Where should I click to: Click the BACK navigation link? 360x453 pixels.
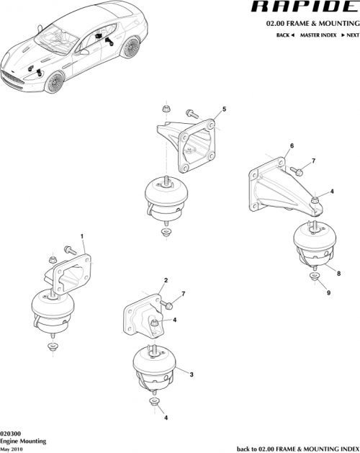284,35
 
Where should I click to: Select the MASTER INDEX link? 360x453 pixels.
318,35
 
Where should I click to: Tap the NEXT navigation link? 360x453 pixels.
349,35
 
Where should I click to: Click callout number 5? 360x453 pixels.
224,109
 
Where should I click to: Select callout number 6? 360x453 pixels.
292,146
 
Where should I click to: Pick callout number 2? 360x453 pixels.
166,280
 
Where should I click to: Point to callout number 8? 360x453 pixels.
338,273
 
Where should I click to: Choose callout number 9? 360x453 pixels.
329,292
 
